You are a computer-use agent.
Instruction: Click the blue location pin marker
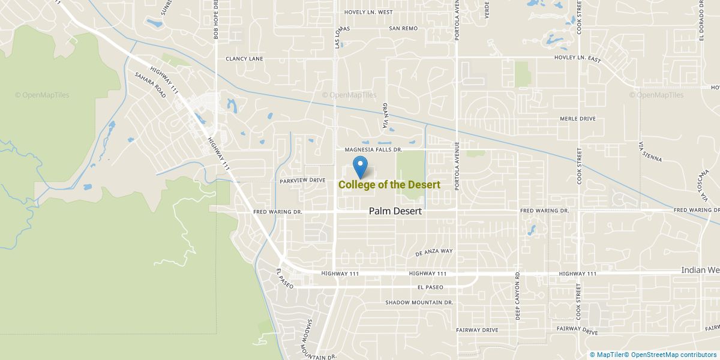pos(361,166)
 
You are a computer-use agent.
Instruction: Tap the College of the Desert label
pos(389,185)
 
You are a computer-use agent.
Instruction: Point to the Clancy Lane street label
pos(244,59)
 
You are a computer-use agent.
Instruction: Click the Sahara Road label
pos(150,86)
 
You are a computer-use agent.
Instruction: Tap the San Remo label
pos(403,28)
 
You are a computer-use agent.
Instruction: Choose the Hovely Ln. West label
pos(368,12)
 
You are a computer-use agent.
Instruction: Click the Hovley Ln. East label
pos(576,59)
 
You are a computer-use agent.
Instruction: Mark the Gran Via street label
pos(385,115)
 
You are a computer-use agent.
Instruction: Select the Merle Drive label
pos(577,119)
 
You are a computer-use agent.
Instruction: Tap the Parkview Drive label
pos(302,180)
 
